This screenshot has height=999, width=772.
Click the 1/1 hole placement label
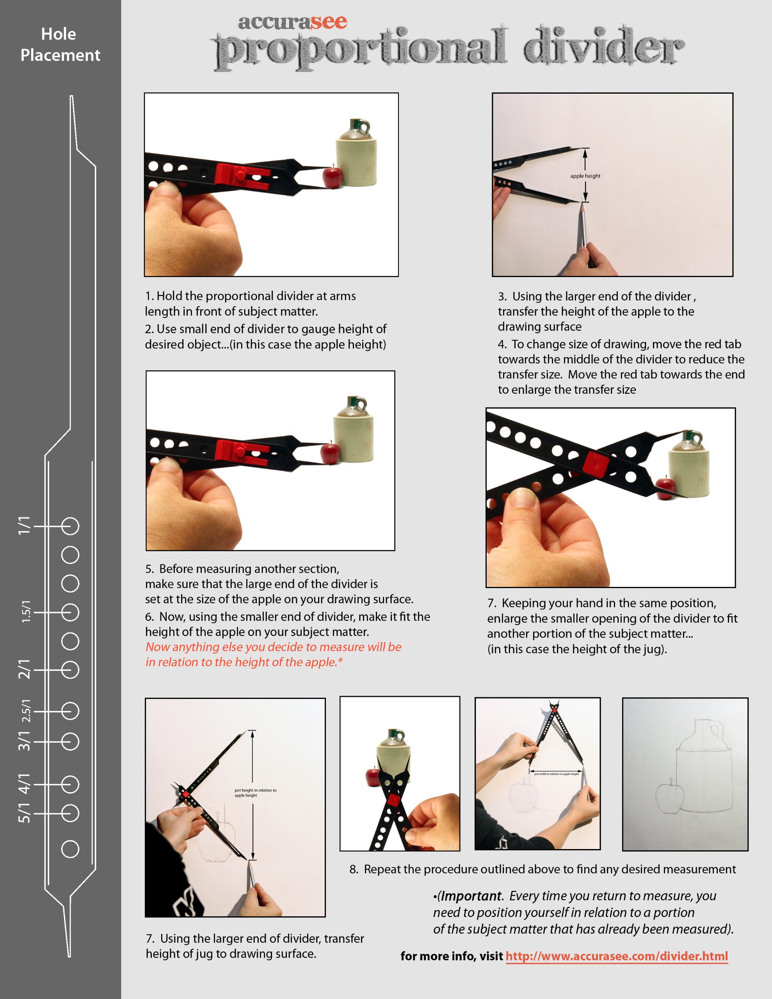point(24,526)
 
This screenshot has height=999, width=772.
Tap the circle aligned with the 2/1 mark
point(70,670)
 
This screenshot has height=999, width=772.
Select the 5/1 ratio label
point(24,813)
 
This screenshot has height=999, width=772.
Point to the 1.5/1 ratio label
point(26,611)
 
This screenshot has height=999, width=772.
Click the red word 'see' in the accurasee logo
point(329,22)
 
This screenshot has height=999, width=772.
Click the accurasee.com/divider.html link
point(616,956)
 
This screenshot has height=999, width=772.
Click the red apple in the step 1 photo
point(333,177)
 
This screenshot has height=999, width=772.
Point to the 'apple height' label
point(585,176)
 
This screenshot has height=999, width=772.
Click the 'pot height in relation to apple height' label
point(255,793)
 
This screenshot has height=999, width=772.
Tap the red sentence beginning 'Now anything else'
point(273,654)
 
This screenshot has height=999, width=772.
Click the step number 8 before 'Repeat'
point(353,869)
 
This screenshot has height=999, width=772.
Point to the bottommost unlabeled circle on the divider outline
point(70,849)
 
